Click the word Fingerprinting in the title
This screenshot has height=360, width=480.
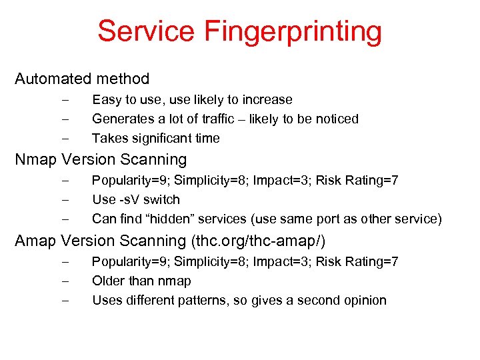click(293, 32)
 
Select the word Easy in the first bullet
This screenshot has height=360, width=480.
click(105, 100)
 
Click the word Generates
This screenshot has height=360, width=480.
click(121, 119)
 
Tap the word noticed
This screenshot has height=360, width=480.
click(336, 119)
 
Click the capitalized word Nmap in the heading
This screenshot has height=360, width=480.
click(36, 160)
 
